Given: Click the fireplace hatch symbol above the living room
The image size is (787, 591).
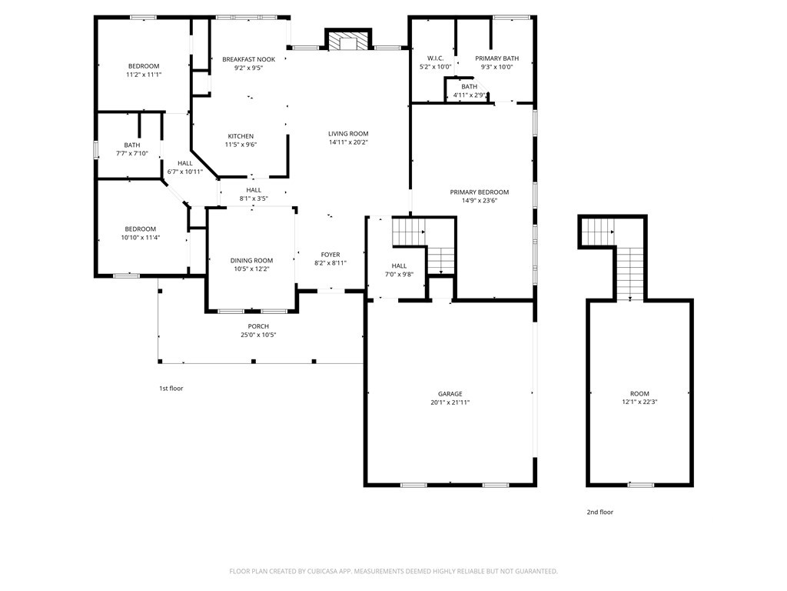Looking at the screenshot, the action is (348, 42).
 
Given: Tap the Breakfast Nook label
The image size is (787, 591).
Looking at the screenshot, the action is (249, 59).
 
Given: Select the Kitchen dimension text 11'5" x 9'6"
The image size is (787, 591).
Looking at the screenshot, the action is (241, 145).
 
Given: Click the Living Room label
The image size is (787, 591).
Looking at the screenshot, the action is (348, 134).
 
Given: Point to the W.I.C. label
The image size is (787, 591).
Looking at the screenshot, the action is (436, 58).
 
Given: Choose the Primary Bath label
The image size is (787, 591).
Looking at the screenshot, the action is (497, 58).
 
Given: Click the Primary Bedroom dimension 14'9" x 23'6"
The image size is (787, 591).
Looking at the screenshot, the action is (480, 201).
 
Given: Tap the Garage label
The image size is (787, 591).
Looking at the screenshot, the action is (450, 394).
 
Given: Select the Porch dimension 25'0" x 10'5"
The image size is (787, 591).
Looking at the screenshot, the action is (258, 335).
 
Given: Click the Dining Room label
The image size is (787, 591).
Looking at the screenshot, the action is (251, 260).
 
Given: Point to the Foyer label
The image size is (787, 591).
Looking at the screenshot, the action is (330, 255).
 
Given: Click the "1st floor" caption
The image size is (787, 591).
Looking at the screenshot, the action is (171, 389).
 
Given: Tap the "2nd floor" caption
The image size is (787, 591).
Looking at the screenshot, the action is (600, 512).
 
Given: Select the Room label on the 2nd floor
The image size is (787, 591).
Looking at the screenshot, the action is (640, 393).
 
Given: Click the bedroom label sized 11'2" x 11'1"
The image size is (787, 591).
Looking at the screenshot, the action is (144, 66).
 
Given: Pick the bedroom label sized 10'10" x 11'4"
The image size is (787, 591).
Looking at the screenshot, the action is (141, 229).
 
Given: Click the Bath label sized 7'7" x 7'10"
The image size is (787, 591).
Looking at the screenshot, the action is (132, 145).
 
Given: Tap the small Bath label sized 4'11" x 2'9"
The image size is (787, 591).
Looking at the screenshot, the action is (470, 86).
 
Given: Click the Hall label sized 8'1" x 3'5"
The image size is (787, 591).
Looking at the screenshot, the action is (254, 190).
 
